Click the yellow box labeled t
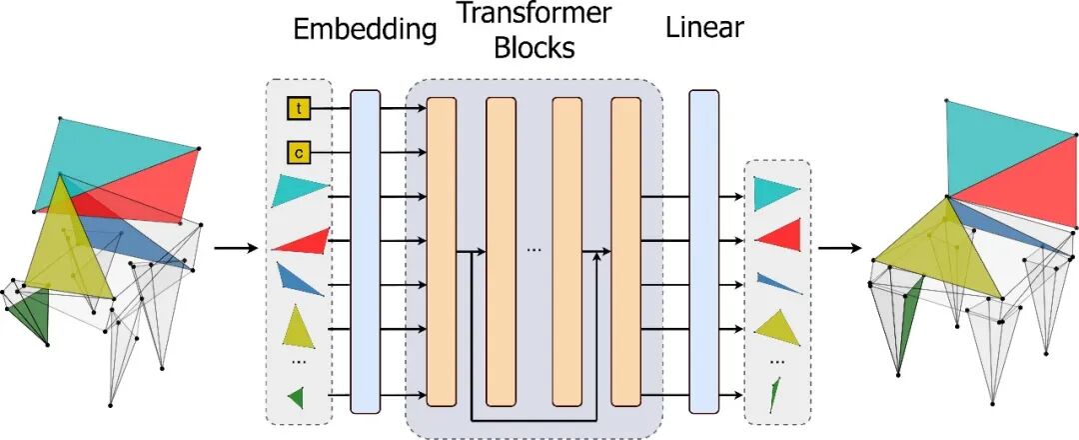pyautogui.click(x=299, y=107)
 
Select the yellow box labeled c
pyautogui.click(x=299, y=152)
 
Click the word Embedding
pyautogui.click(x=365, y=29)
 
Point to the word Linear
pyautogui.click(x=704, y=27)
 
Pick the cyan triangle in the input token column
pyautogui.click(x=299, y=190)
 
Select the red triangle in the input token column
pyautogui.click(x=303, y=241)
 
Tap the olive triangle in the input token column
pyautogui.click(x=299, y=326)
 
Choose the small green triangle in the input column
pyautogui.click(x=296, y=398)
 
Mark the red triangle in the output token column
pyautogui.click(x=778, y=236)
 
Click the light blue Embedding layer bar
pyautogui.click(x=365, y=250)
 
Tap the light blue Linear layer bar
pyautogui.click(x=704, y=250)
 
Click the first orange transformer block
pyautogui.click(x=441, y=250)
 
